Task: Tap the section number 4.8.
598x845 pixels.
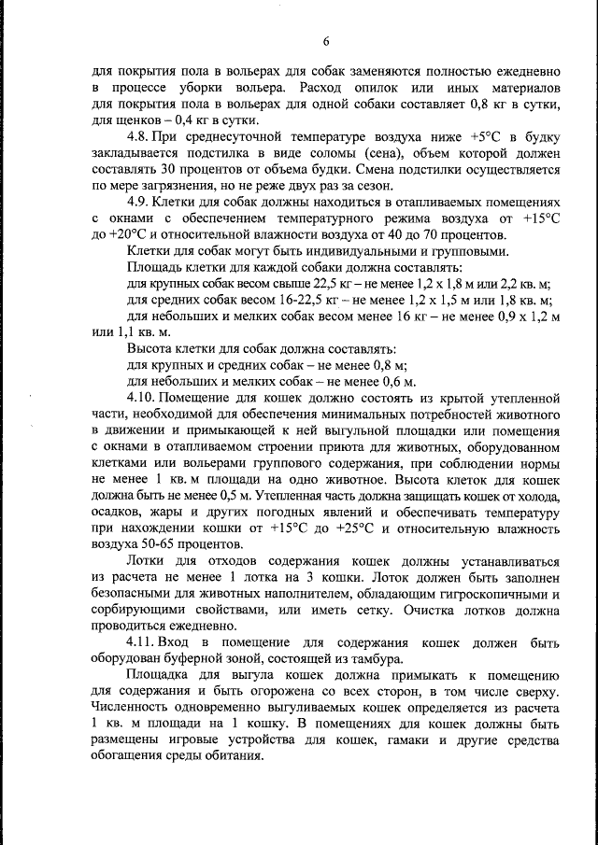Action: click(x=138, y=136)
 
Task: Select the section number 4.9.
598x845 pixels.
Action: click(x=138, y=201)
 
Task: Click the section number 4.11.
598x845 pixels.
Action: click(x=141, y=643)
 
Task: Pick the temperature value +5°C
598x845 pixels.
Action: click(x=488, y=136)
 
